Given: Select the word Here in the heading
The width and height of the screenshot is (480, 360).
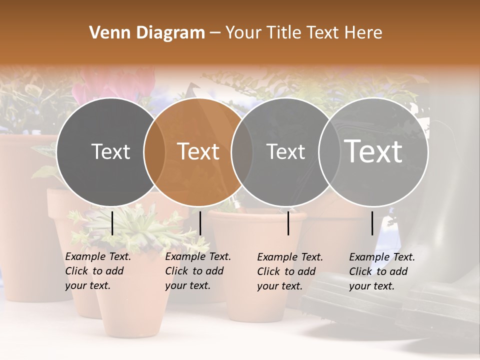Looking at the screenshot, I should pyautogui.click(x=364, y=33).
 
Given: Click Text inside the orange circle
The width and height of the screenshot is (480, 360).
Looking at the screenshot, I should pyautogui.click(x=198, y=151).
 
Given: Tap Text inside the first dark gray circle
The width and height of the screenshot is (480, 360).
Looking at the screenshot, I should pyautogui.click(x=111, y=151).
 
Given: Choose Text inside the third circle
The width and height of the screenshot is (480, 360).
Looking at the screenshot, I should pyautogui.click(x=286, y=151).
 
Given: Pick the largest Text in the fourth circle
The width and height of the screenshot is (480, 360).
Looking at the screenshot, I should pyautogui.click(x=373, y=151).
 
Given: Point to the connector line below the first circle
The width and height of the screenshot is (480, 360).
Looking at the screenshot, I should pyautogui.click(x=112, y=223).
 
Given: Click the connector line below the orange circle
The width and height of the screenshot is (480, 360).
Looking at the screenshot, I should pyautogui.click(x=200, y=223).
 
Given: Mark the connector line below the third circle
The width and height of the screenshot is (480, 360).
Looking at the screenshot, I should pyautogui.click(x=288, y=223).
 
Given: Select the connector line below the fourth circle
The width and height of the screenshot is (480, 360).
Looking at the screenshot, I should pyautogui.click(x=372, y=223).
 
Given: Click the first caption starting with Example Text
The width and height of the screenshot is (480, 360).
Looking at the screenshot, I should pyautogui.click(x=97, y=271).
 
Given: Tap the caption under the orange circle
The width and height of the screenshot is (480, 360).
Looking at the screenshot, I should pyautogui.click(x=197, y=271).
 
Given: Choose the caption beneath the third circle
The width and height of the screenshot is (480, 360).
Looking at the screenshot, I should pyautogui.click(x=289, y=271).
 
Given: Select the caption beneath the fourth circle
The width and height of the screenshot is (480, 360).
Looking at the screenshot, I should pyautogui.click(x=381, y=271).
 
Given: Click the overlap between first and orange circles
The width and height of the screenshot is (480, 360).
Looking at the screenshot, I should pyautogui.click(x=154, y=151).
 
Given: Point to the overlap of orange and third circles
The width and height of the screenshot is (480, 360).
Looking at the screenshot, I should pyautogui.click(x=242, y=151).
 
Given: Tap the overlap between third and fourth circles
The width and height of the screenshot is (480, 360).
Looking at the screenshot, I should pyautogui.click(x=329, y=151).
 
